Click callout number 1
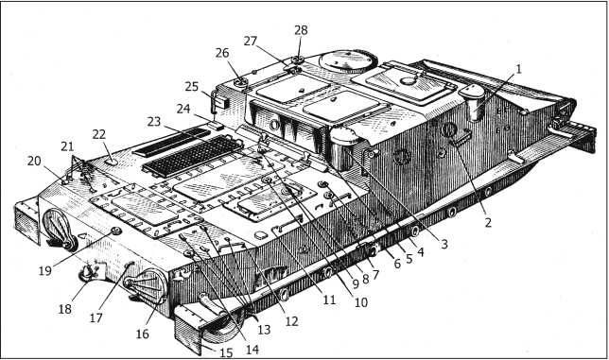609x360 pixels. (518, 69)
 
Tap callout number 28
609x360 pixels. (301, 30)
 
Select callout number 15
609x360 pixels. (226, 352)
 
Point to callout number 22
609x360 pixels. (99, 134)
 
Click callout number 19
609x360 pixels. (45, 270)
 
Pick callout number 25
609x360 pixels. (191, 86)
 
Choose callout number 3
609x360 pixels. (444, 244)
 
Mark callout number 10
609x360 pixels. (361, 302)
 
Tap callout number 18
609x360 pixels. (65, 309)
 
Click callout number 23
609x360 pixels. (154, 122)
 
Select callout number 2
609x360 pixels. (488, 222)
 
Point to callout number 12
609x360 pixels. (291, 321)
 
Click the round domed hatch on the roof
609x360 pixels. (348, 60)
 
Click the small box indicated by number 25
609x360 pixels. (220, 101)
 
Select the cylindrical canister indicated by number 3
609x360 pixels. (341, 149)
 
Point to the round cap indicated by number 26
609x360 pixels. (240, 82)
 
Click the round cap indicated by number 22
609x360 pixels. (112, 161)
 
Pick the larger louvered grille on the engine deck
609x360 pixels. (193, 156)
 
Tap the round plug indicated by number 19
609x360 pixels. (115, 231)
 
